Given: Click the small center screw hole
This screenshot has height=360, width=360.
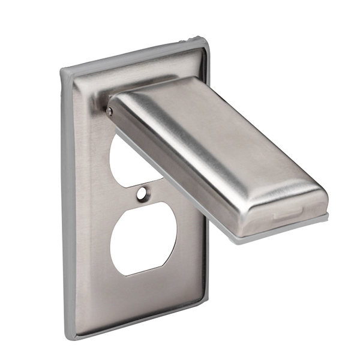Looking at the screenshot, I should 142,194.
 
